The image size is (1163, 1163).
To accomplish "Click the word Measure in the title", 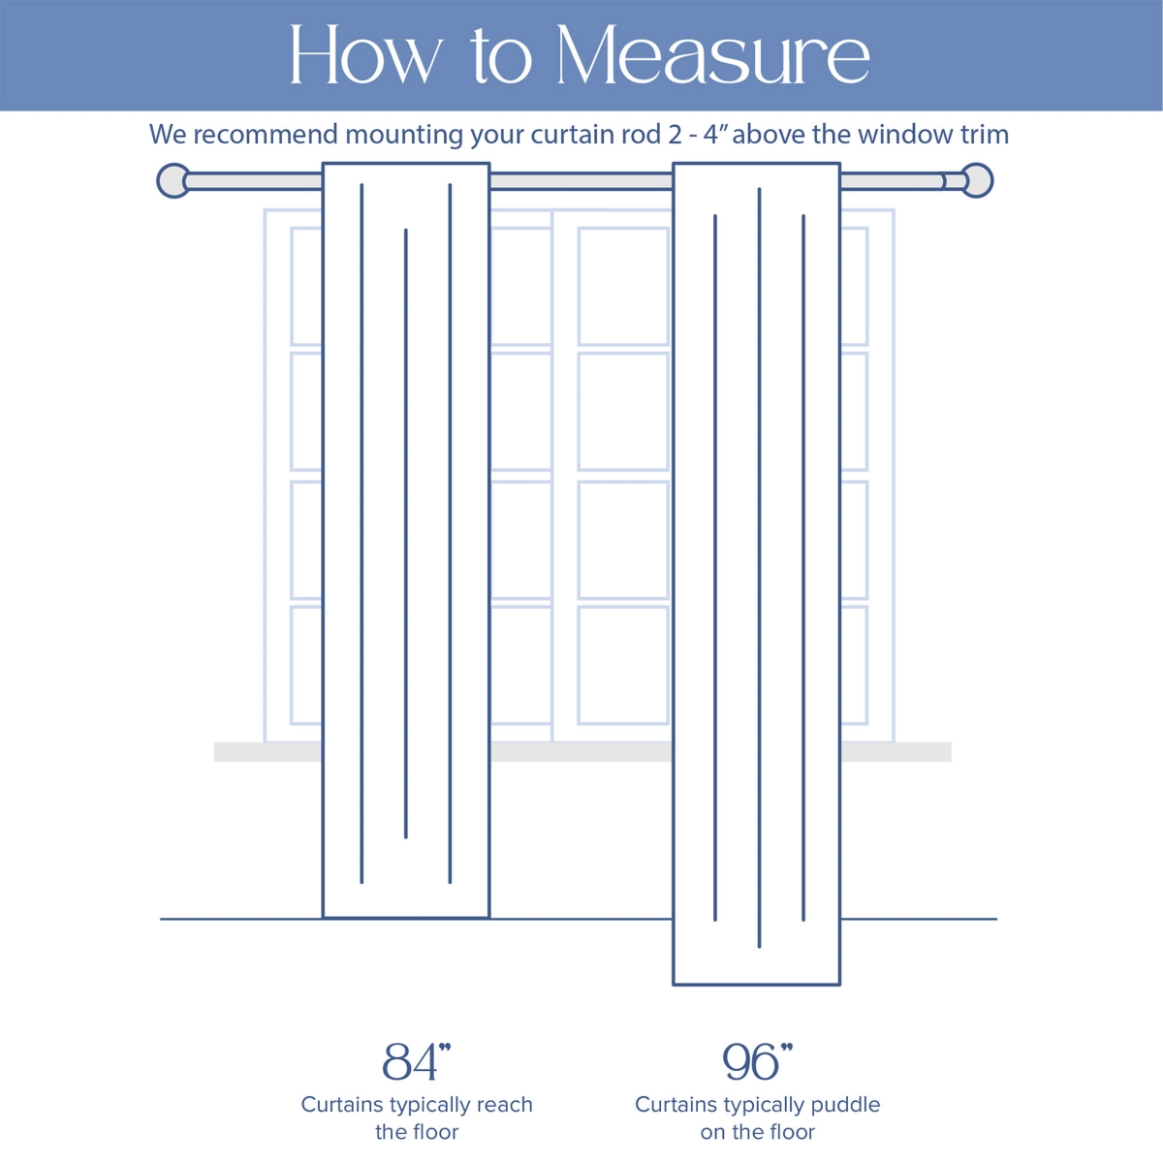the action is (x=712, y=54).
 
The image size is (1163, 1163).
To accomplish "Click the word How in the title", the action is (x=365, y=54).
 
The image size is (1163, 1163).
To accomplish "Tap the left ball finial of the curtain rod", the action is (x=173, y=180).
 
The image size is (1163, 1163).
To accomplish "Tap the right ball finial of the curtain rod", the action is (x=977, y=180).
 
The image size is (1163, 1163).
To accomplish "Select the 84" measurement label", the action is (x=417, y=1061).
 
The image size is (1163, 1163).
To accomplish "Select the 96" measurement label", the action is (x=758, y=1061).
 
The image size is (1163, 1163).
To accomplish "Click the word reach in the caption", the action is (x=505, y=1105).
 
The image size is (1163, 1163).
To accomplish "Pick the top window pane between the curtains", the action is (x=623, y=286).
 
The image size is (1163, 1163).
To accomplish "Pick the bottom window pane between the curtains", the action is (x=623, y=665).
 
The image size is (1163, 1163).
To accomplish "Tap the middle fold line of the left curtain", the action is (x=405, y=533).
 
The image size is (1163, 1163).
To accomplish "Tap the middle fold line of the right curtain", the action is (x=759, y=567).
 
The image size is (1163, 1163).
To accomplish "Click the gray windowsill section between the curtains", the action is (x=581, y=752).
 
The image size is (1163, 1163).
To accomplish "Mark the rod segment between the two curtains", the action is (x=581, y=181).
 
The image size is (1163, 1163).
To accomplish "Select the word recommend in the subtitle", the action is (x=266, y=134).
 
